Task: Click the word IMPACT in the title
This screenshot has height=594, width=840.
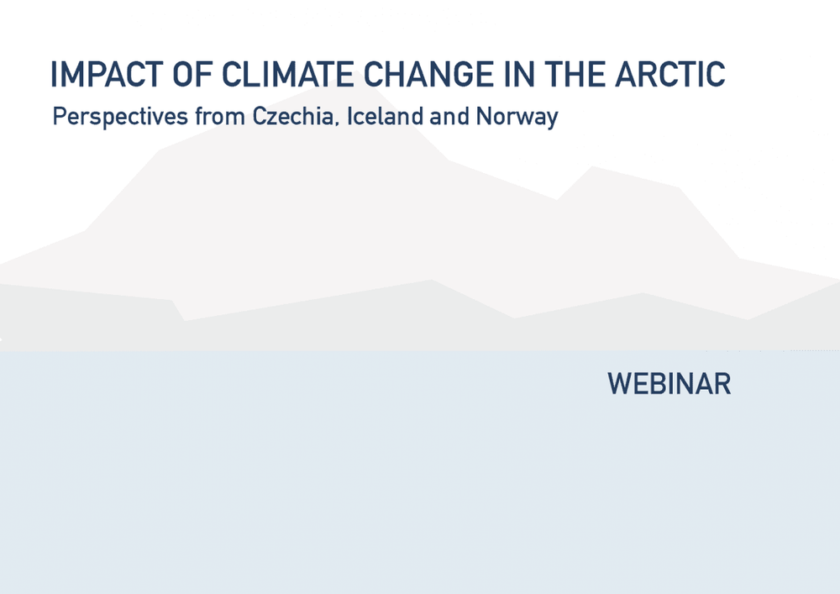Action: [106, 74]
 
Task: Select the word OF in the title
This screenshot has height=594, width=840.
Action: [192, 74]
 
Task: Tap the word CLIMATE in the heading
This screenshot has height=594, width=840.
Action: [287, 74]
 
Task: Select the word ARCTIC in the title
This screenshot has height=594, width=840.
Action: [670, 74]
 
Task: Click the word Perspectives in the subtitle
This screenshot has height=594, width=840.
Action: [120, 117]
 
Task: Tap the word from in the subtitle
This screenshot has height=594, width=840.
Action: [219, 116]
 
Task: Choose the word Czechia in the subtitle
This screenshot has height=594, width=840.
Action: [292, 116]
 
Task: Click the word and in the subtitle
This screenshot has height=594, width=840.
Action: [449, 116]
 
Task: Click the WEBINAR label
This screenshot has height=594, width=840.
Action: [669, 383]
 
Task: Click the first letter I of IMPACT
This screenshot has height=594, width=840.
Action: [53, 74]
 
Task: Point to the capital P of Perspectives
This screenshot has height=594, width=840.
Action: [60, 116]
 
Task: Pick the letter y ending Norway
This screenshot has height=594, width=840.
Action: [552, 120]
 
